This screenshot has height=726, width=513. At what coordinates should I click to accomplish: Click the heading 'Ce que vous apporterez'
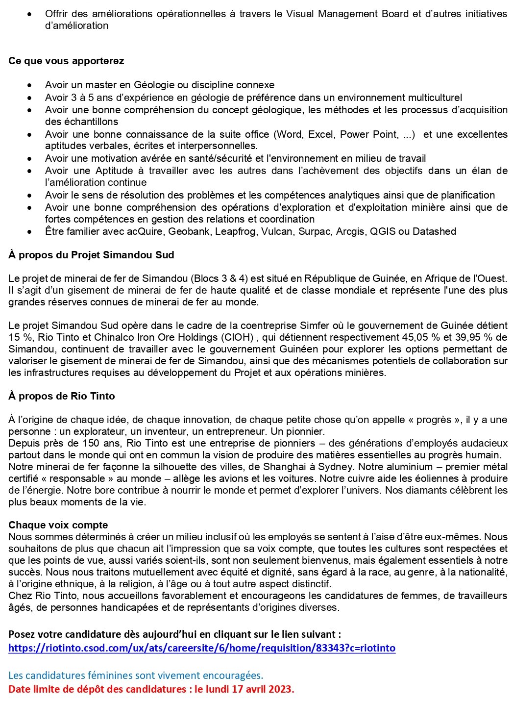pyautogui.click(x=66, y=61)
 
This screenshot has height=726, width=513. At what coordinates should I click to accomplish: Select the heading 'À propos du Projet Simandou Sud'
pyautogui.click(x=91, y=255)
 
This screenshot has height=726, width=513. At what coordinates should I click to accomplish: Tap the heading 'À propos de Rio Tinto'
pyautogui.click(x=62, y=396)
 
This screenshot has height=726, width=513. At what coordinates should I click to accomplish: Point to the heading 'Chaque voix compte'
pyautogui.click(x=58, y=525)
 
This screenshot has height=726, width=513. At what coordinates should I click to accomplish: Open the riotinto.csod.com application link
pyautogui.click(x=202, y=648)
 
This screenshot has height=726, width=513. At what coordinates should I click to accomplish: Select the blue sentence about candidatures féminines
pyautogui.click(x=136, y=676)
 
